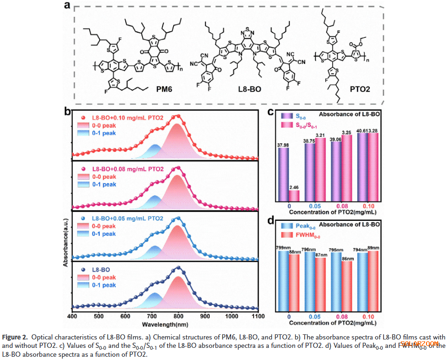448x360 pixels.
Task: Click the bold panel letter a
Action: coord(68,6)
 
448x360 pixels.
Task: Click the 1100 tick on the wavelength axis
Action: coord(258,316)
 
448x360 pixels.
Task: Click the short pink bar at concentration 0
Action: coord(293,196)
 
